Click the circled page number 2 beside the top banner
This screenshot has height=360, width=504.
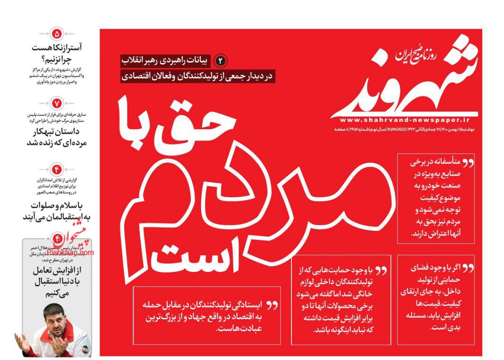[220, 61]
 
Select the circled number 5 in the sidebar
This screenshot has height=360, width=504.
[57, 33]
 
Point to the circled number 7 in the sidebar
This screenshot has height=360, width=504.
[57, 104]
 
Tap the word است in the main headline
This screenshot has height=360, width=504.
[202, 258]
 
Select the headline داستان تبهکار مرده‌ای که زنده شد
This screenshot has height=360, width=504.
[56, 137]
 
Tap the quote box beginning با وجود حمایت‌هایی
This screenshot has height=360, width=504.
[341, 299]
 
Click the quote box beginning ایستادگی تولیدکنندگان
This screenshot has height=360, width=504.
[207, 316]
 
